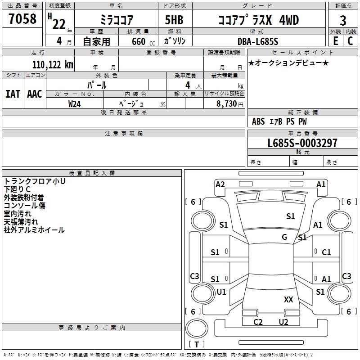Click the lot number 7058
(x=22, y=19)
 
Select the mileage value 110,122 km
(x=53, y=65)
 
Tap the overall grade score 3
(x=343, y=21)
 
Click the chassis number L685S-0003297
(x=302, y=143)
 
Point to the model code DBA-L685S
(x=258, y=41)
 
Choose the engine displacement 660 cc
(x=143, y=42)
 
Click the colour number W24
(x=74, y=104)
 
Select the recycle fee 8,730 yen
(x=230, y=104)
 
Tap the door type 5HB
(x=174, y=20)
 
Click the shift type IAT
(x=13, y=94)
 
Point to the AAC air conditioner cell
(x=35, y=94)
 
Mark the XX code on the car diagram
(x=288, y=300)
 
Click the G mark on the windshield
(x=284, y=237)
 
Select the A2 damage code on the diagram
(x=220, y=184)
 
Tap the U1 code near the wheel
(x=221, y=292)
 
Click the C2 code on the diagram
(x=258, y=322)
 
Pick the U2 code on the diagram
(x=283, y=322)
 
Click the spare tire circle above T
(x=197, y=328)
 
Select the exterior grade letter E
(x=336, y=41)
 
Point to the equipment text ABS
(x=258, y=121)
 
